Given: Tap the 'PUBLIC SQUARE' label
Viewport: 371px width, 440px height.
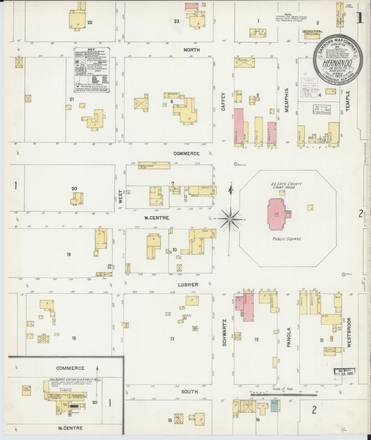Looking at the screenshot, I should click(287, 239).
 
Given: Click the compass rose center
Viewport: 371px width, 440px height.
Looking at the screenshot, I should click(230, 219).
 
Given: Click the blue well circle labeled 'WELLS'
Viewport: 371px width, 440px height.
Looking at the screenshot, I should click(235, 164).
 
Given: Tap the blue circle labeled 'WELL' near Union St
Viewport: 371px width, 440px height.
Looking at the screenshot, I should click(344, 274).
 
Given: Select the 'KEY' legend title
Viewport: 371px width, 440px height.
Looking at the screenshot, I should click(91, 49).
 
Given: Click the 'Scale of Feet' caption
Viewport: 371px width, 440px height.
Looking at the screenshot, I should click(283, 389).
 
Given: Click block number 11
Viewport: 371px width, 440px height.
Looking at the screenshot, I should click(172, 339).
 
